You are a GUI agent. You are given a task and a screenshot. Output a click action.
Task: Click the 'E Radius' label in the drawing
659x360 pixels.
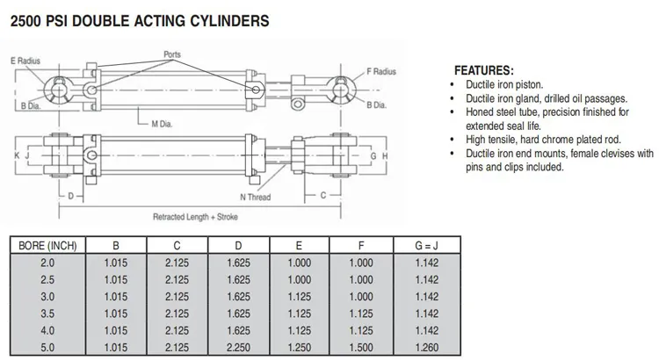click(26, 61)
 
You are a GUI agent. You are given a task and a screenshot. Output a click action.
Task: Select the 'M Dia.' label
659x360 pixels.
click(163, 125)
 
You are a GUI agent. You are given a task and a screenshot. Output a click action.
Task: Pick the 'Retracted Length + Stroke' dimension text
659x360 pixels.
click(194, 216)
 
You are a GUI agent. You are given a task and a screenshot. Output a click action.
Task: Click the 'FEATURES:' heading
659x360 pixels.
click(484, 70)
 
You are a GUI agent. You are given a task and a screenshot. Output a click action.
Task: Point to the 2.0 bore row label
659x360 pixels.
click(48, 263)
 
